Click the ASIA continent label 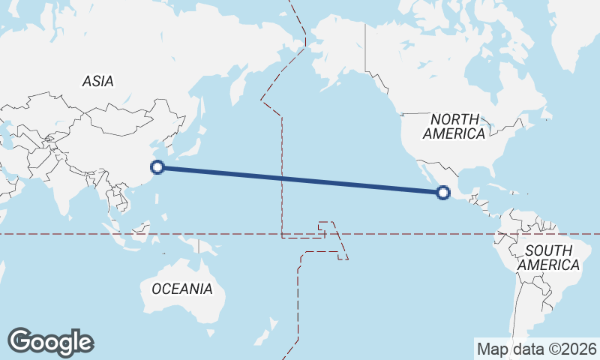pyautogui.click(x=98, y=81)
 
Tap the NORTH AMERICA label pyautogui.click(x=454, y=126)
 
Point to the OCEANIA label pyautogui.click(x=181, y=288)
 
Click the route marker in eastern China pyautogui.click(x=157, y=167)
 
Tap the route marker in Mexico pyautogui.click(x=443, y=193)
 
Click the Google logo pyautogui.click(x=50, y=342)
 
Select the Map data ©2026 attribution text pyautogui.click(x=537, y=349)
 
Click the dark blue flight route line pyautogui.click(x=300, y=180)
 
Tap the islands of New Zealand pyautogui.click(x=267, y=330)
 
